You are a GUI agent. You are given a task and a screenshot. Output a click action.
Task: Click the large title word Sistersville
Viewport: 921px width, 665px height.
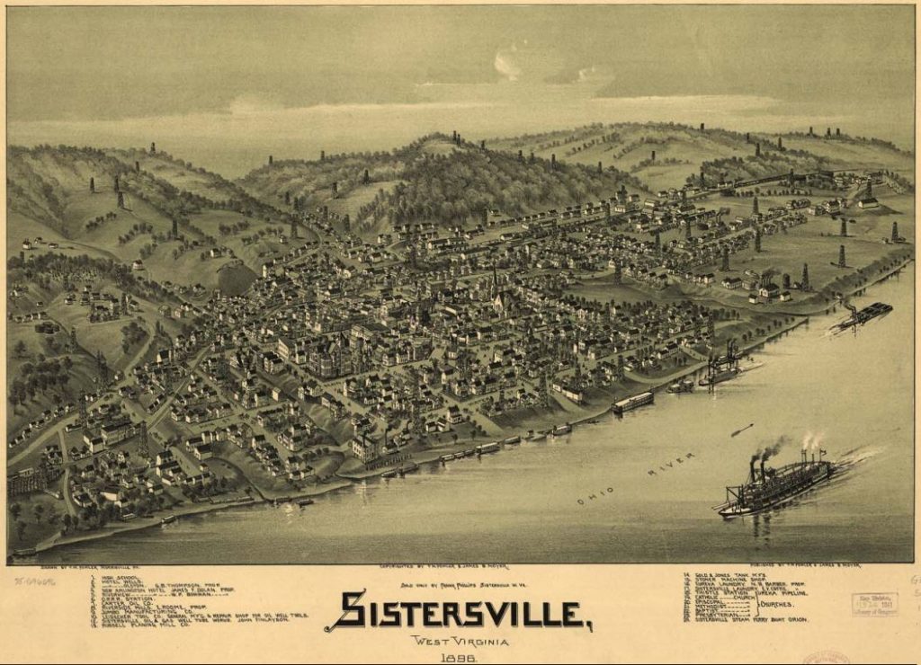(x=459, y=612)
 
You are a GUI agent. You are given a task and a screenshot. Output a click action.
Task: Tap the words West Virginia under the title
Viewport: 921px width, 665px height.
(x=459, y=642)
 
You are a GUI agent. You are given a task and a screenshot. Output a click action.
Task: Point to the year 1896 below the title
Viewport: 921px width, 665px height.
(x=459, y=657)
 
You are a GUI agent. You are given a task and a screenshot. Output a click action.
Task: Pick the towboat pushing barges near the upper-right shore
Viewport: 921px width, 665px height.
(x=862, y=315)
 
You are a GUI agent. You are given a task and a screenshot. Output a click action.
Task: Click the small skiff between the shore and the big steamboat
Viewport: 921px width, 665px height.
(x=742, y=430)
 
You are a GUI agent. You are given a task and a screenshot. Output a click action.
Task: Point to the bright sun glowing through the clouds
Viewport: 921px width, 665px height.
(x=508, y=64)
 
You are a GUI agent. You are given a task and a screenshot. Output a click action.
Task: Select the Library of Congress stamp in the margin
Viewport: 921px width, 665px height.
(x=874, y=604)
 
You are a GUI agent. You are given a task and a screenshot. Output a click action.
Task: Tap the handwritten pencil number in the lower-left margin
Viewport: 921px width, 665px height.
(x=34, y=581)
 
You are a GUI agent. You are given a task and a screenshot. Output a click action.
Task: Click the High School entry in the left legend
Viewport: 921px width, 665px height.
(x=117, y=578)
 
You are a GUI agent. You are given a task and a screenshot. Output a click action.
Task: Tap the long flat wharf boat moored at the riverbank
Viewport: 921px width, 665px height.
(x=633, y=402)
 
